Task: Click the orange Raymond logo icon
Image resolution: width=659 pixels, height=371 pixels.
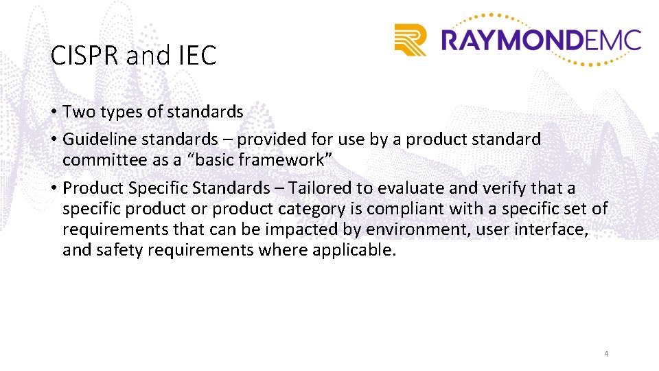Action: [x=411, y=39]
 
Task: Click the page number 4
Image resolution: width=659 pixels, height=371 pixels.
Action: [x=606, y=354]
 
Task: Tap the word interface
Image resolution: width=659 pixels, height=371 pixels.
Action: [x=554, y=229]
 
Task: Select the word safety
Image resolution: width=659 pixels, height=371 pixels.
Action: [x=114, y=250]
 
